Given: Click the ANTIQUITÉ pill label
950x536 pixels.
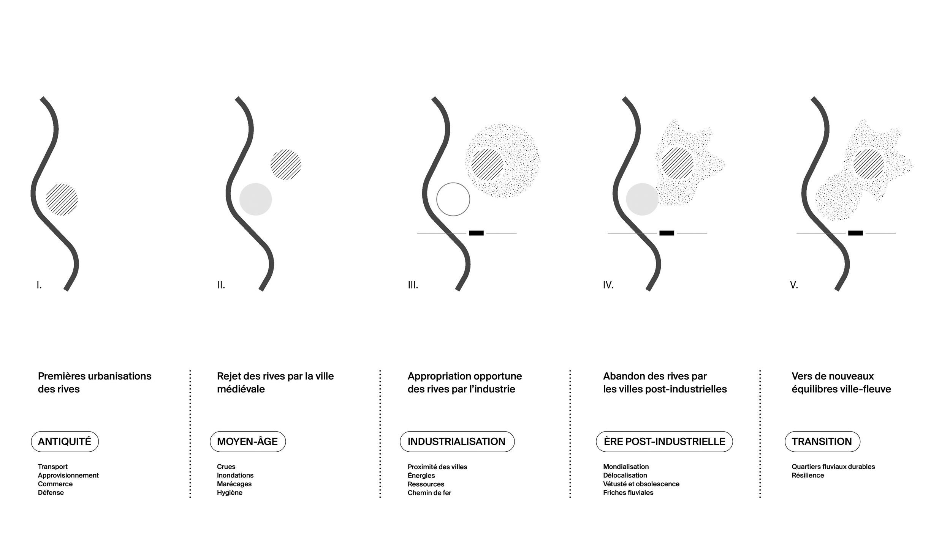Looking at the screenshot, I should pyautogui.click(x=65, y=441).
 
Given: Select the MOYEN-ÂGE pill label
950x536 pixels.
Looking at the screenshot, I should pyautogui.click(x=247, y=441).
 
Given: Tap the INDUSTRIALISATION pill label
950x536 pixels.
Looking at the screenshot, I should pyautogui.click(x=457, y=441).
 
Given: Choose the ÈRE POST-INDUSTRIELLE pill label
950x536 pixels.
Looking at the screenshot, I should pyautogui.click(x=664, y=441).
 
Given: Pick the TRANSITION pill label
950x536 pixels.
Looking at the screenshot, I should pyautogui.click(x=822, y=441).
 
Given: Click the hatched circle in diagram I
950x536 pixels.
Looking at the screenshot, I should pyautogui.click(x=62, y=199).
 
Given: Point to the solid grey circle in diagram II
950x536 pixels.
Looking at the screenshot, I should pyautogui.click(x=255, y=199).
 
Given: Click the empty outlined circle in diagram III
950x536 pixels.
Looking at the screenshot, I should pyautogui.click(x=453, y=199).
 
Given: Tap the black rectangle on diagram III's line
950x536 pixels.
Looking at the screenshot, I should pyautogui.click(x=476, y=233).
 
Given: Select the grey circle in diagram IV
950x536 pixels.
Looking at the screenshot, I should pyautogui.click(x=642, y=199).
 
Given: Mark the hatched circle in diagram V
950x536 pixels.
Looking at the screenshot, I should pyautogui.click(x=869, y=164).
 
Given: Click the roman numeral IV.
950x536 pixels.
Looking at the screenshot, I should pyautogui.click(x=608, y=285).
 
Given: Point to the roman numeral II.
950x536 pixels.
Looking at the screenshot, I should pyautogui.click(x=221, y=285).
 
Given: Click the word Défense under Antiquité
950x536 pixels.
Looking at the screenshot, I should pyautogui.click(x=51, y=493).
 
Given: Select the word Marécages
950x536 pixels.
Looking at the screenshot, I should pyautogui.click(x=234, y=484).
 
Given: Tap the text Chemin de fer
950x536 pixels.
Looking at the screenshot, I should pyautogui.click(x=429, y=493).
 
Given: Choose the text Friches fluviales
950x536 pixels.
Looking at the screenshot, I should pyautogui.click(x=628, y=493).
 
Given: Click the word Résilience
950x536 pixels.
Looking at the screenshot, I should pyautogui.click(x=808, y=475).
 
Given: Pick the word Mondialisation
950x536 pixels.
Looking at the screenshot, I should pyautogui.click(x=626, y=467).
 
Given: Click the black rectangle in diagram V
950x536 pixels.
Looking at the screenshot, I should pyautogui.click(x=855, y=233).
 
